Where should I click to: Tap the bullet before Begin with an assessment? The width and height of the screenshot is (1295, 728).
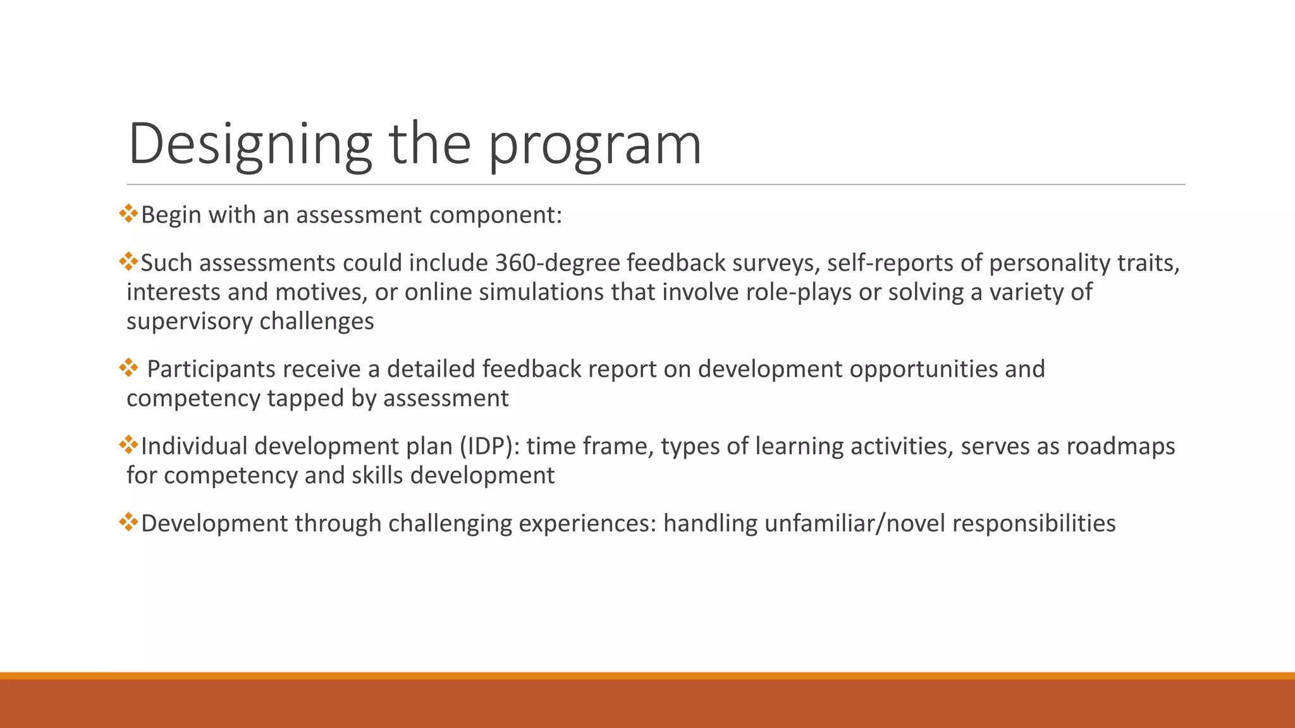click(x=128, y=214)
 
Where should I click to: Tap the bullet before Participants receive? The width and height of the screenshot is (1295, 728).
click(x=128, y=368)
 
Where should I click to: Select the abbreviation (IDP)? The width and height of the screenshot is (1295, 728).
click(x=489, y=446)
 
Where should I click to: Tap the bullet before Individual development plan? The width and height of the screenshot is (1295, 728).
click(x=128, y=445)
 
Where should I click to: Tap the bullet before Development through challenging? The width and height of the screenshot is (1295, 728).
click(x=128, y=522)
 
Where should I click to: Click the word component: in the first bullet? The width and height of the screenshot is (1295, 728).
click(x=495, y=215)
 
